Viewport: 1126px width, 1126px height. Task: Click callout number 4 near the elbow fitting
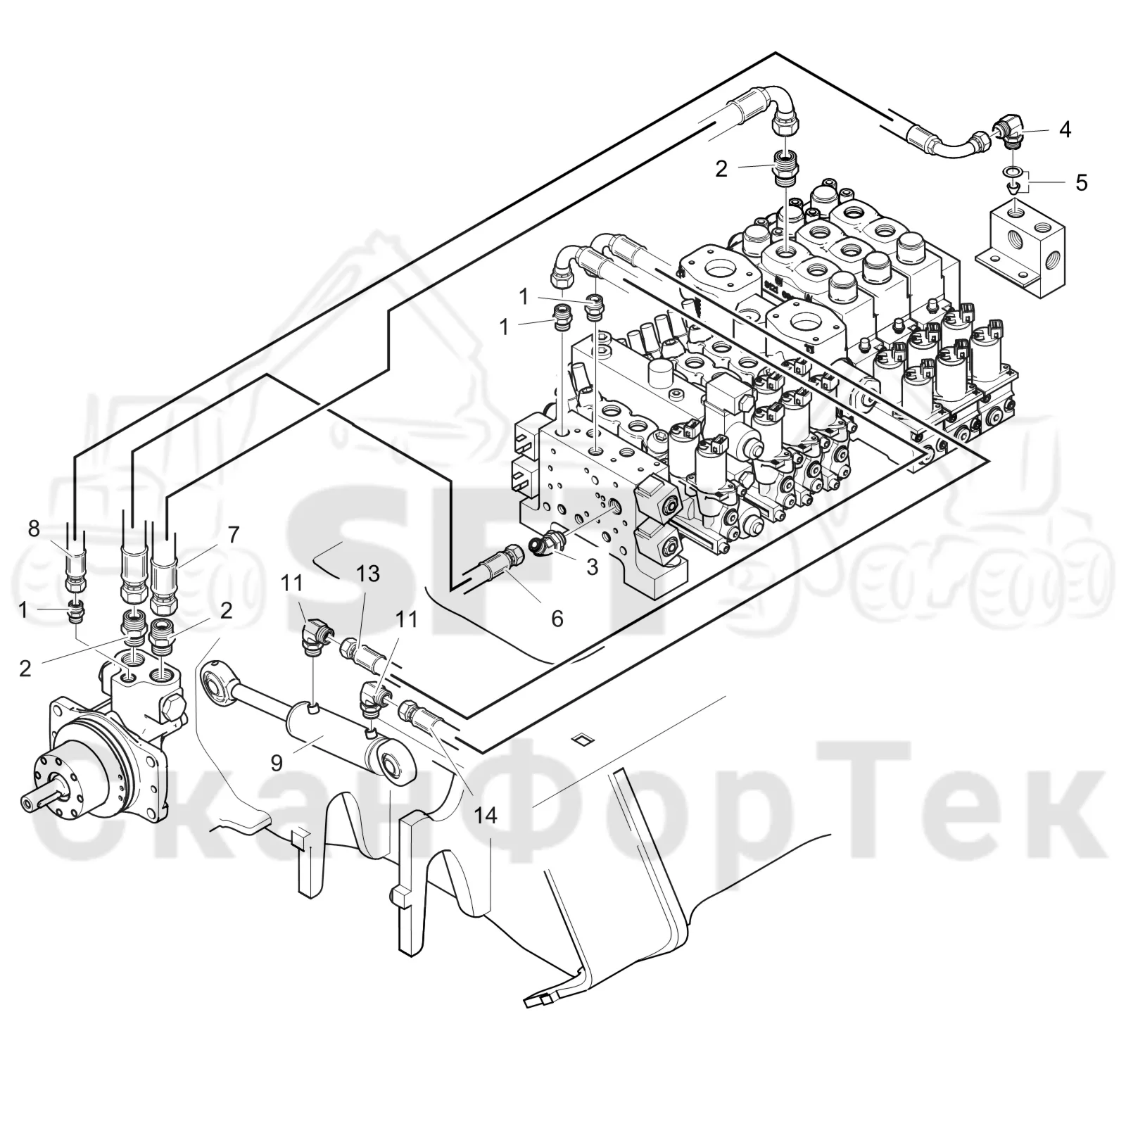tap(1065, 129)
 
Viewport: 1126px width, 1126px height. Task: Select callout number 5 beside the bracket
tap(1081, 183)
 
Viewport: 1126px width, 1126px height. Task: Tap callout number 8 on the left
tap(34, 529)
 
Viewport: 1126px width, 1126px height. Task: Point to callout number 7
tap(233, 534)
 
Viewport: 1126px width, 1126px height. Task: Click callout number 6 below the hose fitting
tap(557, 619)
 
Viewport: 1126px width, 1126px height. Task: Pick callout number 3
tap(592, 567)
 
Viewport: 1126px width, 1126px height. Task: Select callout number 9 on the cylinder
tap(277, 763)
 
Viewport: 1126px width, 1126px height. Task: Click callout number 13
tap(367, 574)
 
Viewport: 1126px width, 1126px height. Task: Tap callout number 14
tap(485, 816)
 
